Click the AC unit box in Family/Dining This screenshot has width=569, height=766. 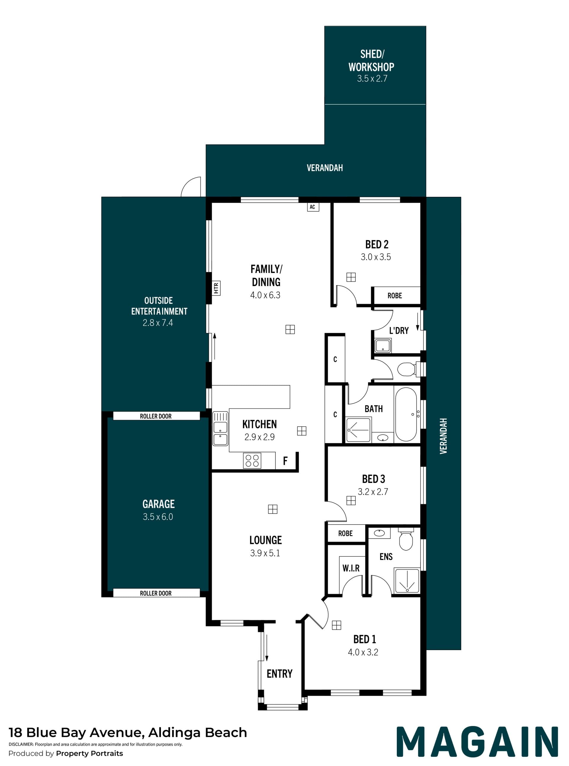[313, 207]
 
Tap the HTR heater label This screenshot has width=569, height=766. [216, 288]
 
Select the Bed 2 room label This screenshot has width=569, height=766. [377, 244]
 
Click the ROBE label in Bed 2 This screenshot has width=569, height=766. [395, 296]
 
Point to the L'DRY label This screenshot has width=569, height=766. [399, 331]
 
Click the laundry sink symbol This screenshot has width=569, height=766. [383, 346]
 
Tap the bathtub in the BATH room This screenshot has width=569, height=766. [406, 414]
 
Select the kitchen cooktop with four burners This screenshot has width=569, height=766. [252, 461]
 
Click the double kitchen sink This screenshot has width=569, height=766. [220, 429]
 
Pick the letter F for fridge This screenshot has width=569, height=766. [285, 461]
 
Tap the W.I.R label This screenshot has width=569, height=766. [351, 568]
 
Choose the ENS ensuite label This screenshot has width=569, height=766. [386, 556]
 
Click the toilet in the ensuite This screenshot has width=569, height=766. [406, 539]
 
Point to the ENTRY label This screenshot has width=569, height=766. [279, 674]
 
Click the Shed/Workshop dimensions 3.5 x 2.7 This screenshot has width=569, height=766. [372, 79]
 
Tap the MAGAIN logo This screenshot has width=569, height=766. [477, 741]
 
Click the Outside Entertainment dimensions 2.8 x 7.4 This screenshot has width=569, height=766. [158, 323]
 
